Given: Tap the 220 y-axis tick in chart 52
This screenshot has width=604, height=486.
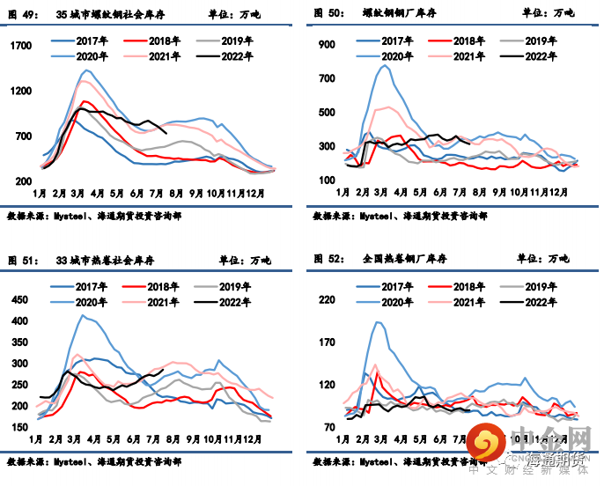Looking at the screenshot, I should coord(328,300).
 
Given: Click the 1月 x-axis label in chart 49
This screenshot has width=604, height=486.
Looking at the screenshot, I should coord(40,192).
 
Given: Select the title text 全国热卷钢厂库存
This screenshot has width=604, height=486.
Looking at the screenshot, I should coord(405,260).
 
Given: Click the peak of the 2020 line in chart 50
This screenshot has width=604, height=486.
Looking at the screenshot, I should coord(384,65).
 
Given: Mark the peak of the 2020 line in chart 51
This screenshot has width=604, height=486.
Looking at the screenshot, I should coord(84,315).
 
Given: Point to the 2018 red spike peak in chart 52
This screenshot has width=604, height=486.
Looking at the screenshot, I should coord(378,373).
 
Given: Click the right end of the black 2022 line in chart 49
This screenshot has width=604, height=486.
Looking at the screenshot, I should coord(166,133).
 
